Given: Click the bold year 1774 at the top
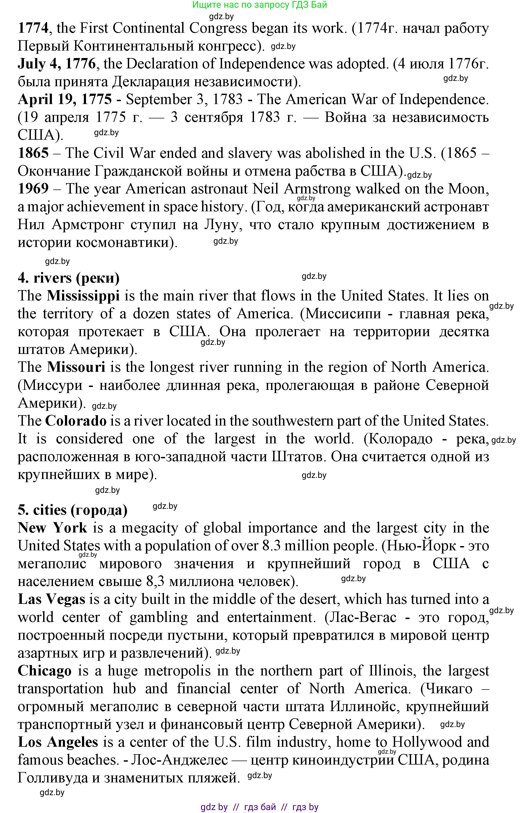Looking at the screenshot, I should click(33, 28).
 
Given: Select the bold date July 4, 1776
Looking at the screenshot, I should click(57, 64).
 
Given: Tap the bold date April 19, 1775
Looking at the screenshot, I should click(64, 99).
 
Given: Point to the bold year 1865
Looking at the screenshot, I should click(33, 153).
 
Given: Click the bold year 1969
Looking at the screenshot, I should click(33, 189).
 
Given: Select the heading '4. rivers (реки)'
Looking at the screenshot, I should click(69, 278).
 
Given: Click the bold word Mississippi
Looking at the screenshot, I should click(83, 296).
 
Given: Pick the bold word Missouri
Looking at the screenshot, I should click(76, 367).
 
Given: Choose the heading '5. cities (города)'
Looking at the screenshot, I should click(73, 510).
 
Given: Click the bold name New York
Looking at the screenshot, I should click(52, 528).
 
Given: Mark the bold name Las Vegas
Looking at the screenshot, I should click(51, 599).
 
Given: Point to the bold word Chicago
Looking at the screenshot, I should click(45, 671).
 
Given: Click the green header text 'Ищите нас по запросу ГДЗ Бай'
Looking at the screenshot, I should click(260, 5).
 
